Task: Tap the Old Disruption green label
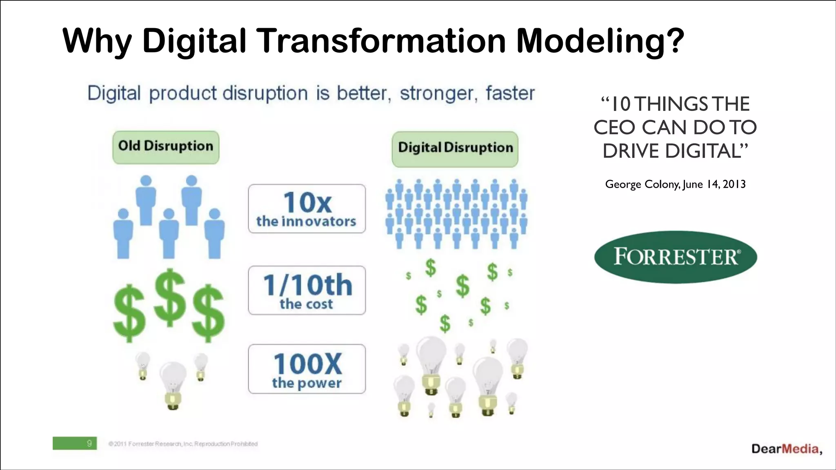[x=166, y=147]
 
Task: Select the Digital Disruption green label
[x=455, y=149]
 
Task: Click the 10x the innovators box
[x=307, y=209]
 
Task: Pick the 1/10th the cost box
[x=307, y=290]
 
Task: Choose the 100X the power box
[x=307, y=369]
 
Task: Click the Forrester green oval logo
[x=676, y=257]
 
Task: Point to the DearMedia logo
[x=785, y=449]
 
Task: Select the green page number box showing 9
[x=75, y=443]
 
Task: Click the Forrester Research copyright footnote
[x=183, y=444]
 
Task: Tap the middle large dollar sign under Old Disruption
[x=170, y=298]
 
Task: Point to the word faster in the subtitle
[x=510, y=93]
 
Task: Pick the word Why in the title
[x=97, y=41]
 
